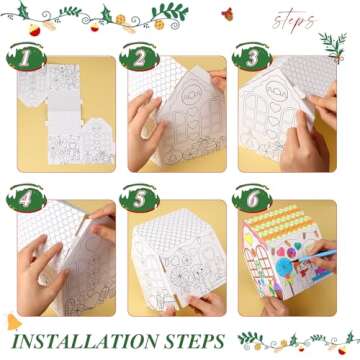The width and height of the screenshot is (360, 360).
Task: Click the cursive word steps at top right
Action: tap(292, 20)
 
